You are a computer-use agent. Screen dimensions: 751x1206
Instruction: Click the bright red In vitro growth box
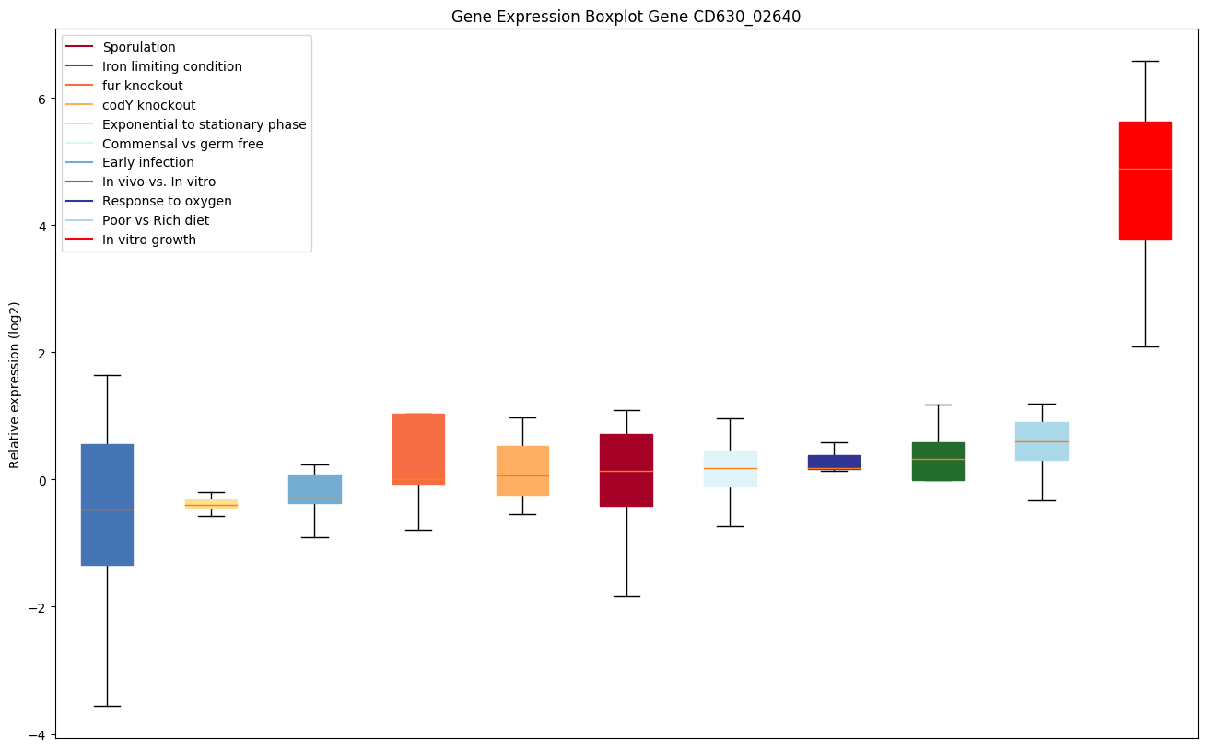coord(1145,181)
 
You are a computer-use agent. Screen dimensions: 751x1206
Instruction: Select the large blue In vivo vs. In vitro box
coord(107,505)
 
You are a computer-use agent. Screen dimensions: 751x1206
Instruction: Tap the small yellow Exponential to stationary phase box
coord(211,504)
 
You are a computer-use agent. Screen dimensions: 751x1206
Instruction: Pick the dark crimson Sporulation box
coord(626,470)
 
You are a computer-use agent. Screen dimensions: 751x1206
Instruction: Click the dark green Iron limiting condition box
coord(938,461)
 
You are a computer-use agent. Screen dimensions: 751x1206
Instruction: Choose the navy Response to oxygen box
coord(834,462)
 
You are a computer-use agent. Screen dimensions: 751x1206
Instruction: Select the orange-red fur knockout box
coord(418,449)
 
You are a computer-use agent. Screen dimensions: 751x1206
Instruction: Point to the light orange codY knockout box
coord(522,471)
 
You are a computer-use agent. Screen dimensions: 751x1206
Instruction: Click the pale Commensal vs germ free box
coord(730,468)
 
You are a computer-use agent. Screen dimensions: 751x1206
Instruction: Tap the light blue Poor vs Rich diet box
coord(1042,441)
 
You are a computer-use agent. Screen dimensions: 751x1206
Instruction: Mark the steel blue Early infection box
coord(315,488)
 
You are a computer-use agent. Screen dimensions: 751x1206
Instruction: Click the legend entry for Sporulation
coord(138,47)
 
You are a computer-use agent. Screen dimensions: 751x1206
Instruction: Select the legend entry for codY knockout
coord(148,105)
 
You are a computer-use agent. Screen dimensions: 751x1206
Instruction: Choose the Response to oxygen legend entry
coord(167,201)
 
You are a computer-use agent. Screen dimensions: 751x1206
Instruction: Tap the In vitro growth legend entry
coord(149,240)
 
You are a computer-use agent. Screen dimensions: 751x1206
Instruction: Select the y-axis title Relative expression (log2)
coord(15,384)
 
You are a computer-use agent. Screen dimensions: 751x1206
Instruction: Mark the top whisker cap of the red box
coord(1145,61)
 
